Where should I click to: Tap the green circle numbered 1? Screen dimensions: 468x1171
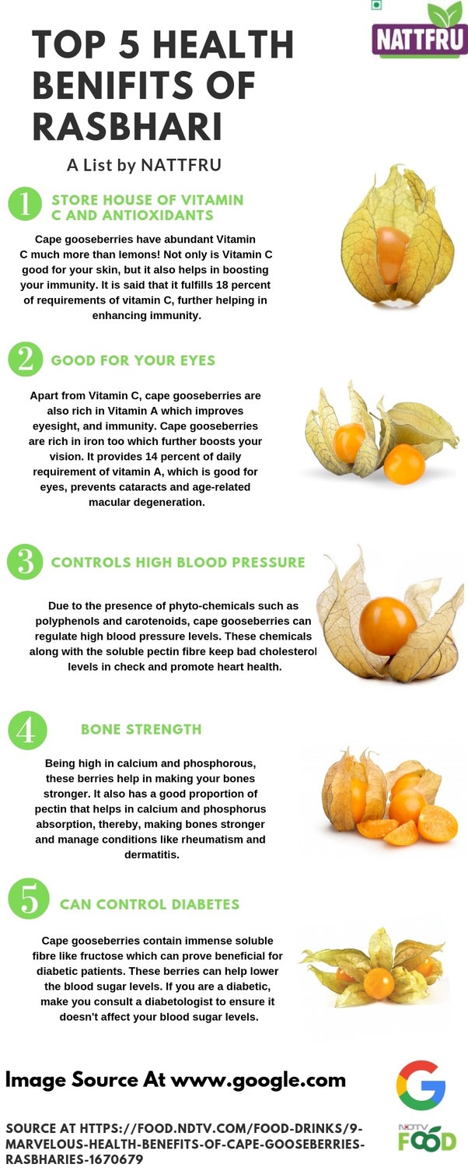coord(25,204)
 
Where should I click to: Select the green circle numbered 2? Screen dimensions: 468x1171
coord(25,359)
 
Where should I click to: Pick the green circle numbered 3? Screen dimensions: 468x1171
coord(25,562)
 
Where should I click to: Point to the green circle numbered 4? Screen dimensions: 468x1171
coord(28,730)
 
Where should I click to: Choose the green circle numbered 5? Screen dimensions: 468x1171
coord(29,899)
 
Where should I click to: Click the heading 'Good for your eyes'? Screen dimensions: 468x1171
coord(133,360)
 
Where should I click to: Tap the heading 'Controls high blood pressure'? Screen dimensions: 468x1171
coord(178,563)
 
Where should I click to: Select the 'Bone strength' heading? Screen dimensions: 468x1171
coord(141,729)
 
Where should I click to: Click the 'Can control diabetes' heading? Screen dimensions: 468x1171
coord(149,904)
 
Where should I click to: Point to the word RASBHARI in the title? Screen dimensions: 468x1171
coord(127,127)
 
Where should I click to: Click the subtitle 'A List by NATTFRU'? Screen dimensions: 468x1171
coord(144,165)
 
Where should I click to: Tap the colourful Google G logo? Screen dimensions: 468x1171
coord(421,1085)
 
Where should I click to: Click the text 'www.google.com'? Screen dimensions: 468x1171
coord(258,1080)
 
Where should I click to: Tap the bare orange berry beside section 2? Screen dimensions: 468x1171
coord(404,465)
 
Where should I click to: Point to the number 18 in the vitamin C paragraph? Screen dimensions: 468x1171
coord(222,285)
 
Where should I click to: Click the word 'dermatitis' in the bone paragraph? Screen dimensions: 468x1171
coord(151,855)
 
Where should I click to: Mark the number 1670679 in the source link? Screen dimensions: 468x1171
coord(116,1160)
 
